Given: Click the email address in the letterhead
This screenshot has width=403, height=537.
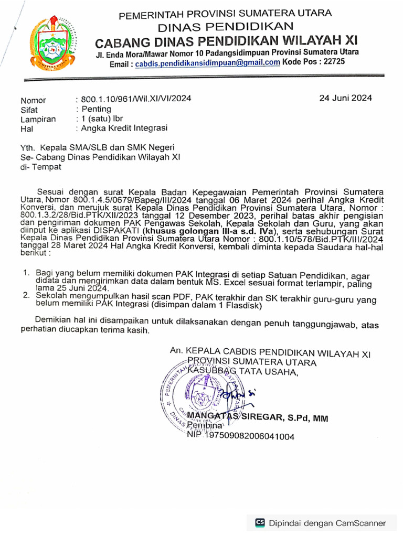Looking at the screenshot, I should pos(207,62).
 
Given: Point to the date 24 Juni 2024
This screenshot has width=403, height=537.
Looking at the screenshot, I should pos(346,98).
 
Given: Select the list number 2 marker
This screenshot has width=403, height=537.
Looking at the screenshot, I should pos(25,296).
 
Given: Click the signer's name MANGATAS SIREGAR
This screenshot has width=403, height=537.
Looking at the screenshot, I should pos(228,417).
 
